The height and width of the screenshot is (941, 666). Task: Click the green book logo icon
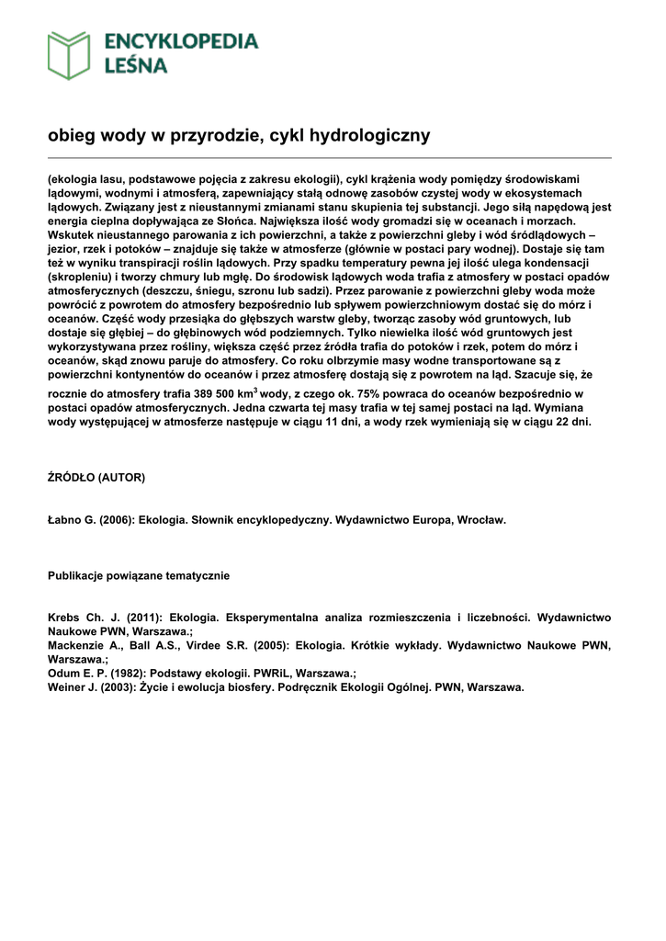pos(70,54)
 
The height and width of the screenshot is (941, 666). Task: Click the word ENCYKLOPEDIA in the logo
pos(182,41)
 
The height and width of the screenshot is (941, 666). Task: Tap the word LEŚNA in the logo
pos(137,65)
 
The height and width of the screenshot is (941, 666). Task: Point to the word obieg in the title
pos(72,136)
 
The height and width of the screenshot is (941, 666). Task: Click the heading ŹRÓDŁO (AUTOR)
pos(96,478)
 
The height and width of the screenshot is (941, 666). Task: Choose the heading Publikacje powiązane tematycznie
pos(139,575)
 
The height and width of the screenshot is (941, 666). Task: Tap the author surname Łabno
pos(66,519)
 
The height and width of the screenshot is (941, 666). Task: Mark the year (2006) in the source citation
pos(119,519)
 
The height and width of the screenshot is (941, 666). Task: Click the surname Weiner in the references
pos(69,687)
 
